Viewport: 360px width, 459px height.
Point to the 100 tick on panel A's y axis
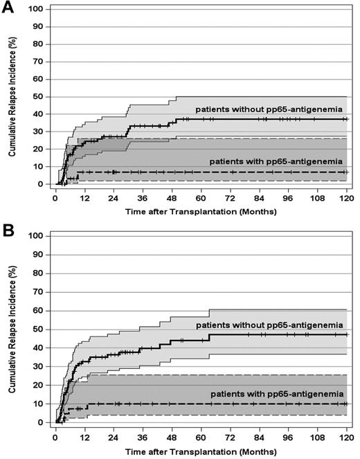40,10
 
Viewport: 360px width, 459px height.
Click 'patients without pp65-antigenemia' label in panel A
269,109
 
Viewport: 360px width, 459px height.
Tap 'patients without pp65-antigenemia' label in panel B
269,325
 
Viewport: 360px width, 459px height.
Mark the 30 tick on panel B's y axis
42,366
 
